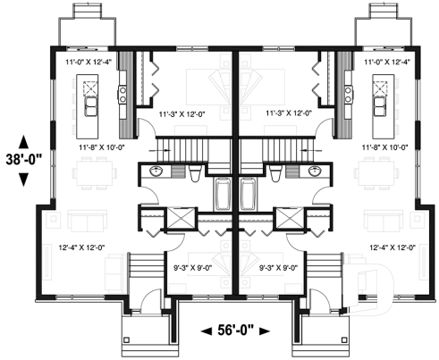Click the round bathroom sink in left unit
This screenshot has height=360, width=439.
[157, 171]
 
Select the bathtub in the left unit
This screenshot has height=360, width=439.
[223, 194]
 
